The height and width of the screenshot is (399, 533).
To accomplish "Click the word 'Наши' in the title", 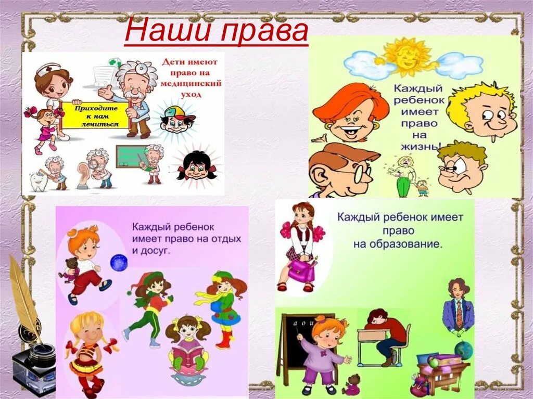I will click(167, 32).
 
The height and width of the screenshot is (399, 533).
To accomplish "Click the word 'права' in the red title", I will click(263, 33).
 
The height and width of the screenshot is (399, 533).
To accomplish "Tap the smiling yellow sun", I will click(407, 56).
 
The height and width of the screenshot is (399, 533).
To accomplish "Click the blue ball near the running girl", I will click(119, 262).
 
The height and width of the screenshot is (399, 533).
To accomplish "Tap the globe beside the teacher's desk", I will click(463, 350).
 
